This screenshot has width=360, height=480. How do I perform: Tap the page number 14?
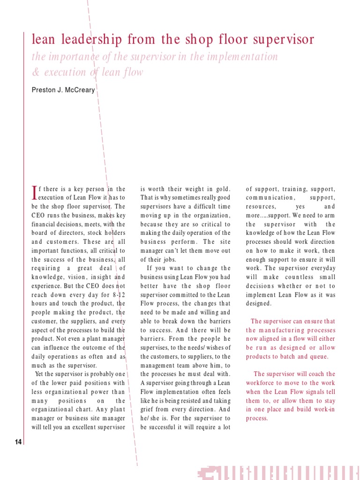point(18,442)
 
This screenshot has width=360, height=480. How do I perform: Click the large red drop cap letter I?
point(34,192)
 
